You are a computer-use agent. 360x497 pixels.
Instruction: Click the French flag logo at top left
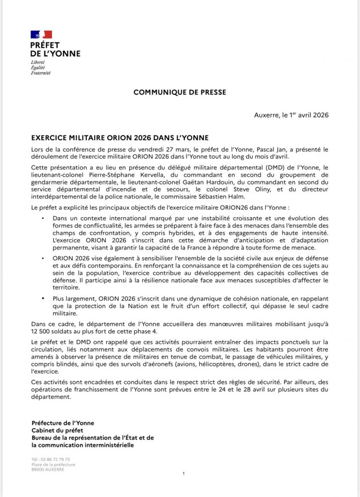point(41,34)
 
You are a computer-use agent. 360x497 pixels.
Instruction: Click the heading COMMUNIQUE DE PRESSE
point(180,92)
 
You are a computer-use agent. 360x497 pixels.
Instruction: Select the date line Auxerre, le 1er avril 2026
point(291,115)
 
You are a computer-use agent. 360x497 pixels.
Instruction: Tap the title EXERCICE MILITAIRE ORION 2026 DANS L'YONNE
point(120,138)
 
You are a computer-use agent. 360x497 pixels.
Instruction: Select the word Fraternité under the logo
point(40,73)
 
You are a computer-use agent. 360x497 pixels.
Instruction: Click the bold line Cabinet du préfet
point(57,431)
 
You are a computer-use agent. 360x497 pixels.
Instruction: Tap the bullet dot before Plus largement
point(44,296)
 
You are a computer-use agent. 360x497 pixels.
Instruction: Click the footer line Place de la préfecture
point(53,464)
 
